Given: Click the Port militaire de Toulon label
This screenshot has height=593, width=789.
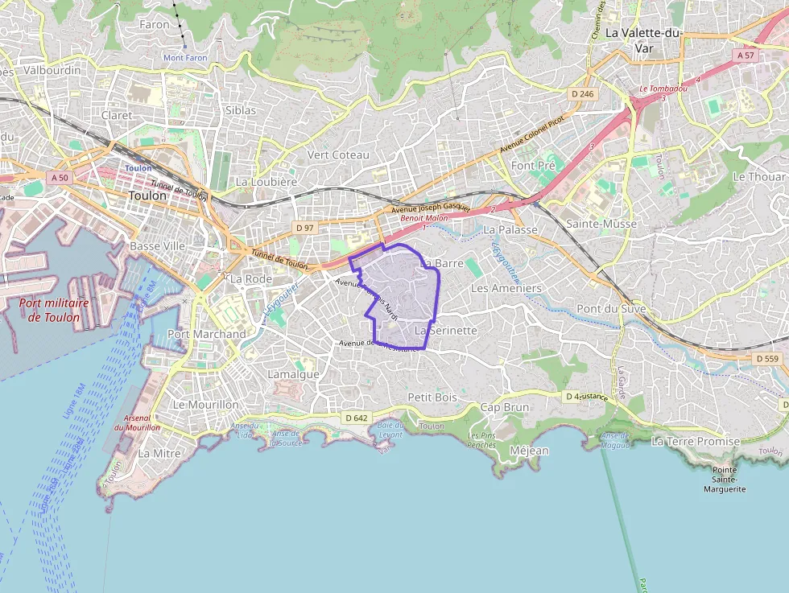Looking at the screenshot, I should (54, 311).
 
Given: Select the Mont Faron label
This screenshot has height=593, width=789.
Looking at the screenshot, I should (185, 57).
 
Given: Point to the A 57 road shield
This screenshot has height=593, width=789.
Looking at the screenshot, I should (745, 56).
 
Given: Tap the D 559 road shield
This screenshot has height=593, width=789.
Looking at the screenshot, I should (769, 358).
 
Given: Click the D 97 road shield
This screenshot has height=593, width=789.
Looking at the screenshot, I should (304, 229).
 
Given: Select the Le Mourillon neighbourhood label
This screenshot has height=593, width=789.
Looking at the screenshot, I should (206, 405).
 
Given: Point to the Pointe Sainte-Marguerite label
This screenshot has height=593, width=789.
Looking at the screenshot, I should (725, 479).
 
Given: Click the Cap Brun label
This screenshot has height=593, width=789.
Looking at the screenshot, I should (505, 407).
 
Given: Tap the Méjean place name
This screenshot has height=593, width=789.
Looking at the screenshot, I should (529, 451).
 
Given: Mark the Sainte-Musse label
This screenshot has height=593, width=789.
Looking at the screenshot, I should (601, 224).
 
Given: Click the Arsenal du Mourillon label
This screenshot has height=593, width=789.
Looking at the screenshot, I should (137, 423).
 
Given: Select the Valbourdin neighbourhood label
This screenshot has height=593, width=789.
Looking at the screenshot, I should (52, 70).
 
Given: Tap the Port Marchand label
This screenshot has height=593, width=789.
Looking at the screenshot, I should (207, 334).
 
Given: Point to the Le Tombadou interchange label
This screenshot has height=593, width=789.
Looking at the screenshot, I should (663, 89).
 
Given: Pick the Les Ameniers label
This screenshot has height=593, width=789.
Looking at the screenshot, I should (506, 288).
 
